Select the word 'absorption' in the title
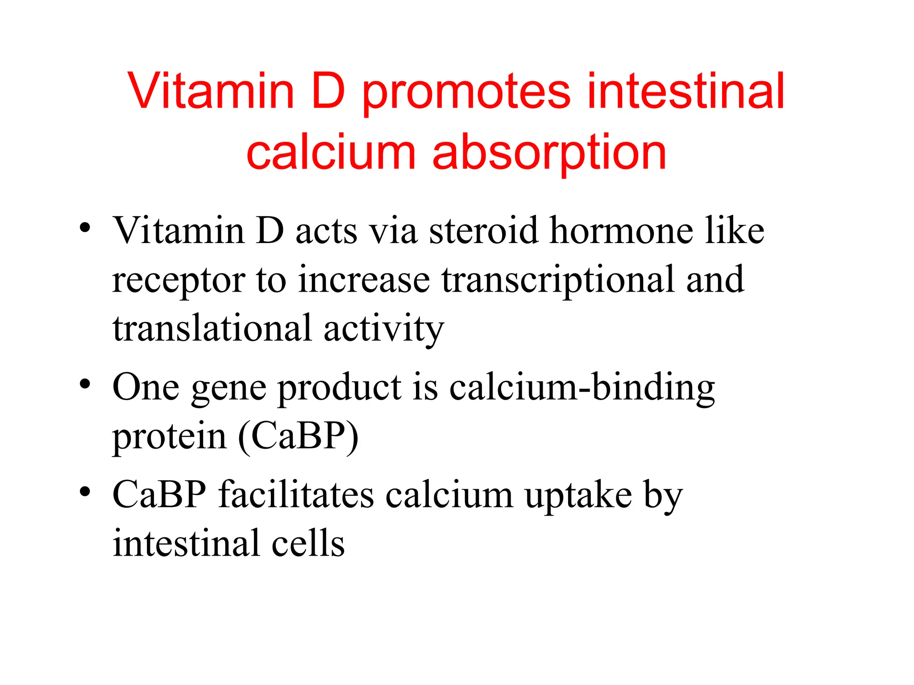click(549, 153)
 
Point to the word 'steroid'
click(484, 231)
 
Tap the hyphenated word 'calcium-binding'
click(582, 388)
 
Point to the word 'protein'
click(169, 437)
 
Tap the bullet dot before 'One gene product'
click(85, 384)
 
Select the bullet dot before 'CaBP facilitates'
click(85, 492)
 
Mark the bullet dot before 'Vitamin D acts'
click(85, 228)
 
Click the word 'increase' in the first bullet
click(364, 280)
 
